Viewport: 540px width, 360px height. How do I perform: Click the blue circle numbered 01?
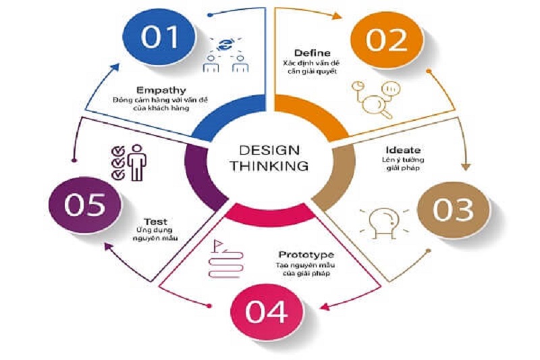(x=159, y=36)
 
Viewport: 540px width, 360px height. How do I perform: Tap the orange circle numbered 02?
(x=386, y=41)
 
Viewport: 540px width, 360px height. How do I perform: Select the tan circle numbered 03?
(x=453, y=210)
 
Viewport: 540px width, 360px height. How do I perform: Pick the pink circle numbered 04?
(x=267, y=312)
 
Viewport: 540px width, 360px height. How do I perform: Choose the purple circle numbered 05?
(x=85, y=205)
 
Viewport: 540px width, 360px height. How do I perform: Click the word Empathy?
(x=161, y=91)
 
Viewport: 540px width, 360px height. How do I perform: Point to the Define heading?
(x=313, y=53)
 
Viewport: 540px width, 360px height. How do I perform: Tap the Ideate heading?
(x=403, y=150)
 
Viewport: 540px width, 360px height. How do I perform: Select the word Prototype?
(x=306, y=255)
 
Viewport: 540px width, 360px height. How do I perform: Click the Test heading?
(x=156, y=221)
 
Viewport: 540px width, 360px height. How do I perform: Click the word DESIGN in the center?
(x=269, y=150)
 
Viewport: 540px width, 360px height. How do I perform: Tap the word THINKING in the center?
(x=269, y=166)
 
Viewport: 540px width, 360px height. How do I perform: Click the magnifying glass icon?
(x=375, y=100)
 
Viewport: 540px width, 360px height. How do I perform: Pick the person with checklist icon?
(x=129, y=162)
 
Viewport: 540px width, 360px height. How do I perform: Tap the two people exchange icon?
(x=225, y=55)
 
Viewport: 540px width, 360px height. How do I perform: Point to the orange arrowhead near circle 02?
(x=337, y=16)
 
